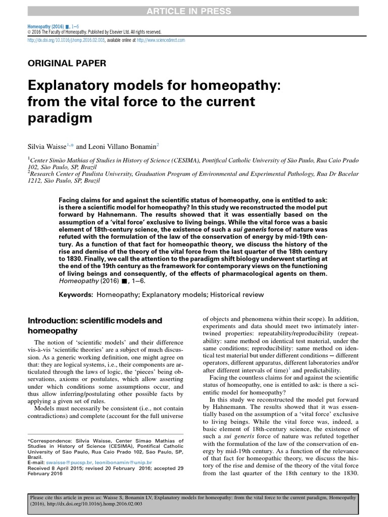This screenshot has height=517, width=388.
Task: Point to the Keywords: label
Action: [x=76, y=295]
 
